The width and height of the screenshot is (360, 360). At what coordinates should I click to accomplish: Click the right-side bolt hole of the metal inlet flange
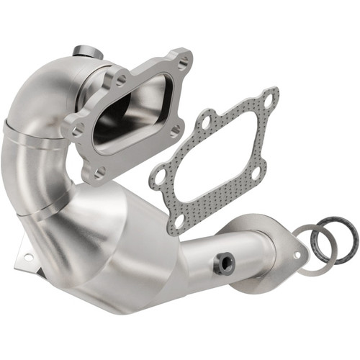point(175,130)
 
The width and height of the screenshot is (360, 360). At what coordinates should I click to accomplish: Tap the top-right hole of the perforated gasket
point(268,102)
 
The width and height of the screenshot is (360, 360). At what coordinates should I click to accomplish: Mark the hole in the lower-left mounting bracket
point(28,256)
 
